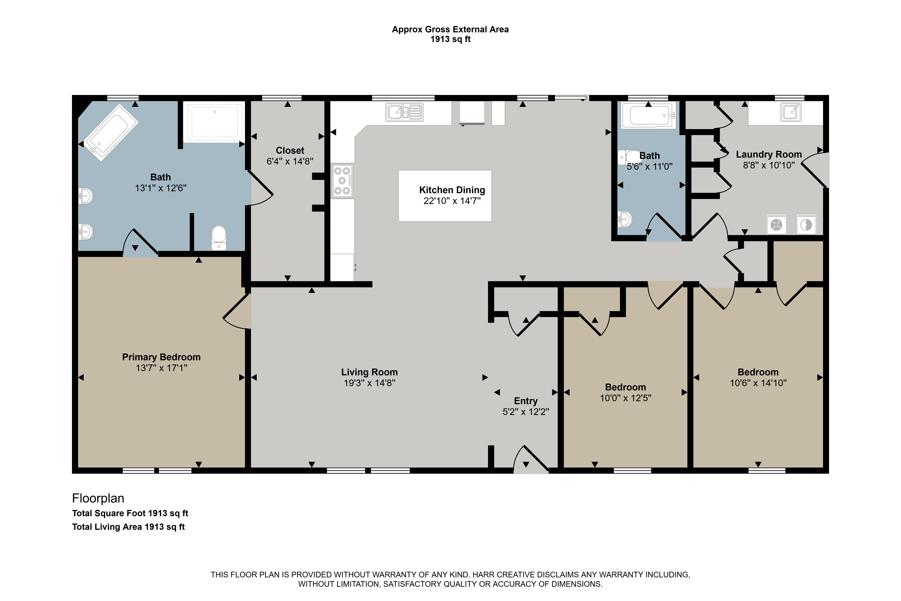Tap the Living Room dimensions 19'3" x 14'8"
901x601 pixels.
pyautogui.click(x=370, y=383)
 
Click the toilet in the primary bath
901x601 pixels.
pyautogui.click(x=219, y=238)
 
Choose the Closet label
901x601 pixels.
pyautogui.click(x=290, y=151)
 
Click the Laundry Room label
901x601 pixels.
pyautogui.click(x=769, y=154)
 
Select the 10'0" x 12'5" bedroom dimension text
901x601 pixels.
pyautogui.click(x=626, y=398)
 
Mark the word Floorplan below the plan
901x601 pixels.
pyautogui.click(x=98, y=498)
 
